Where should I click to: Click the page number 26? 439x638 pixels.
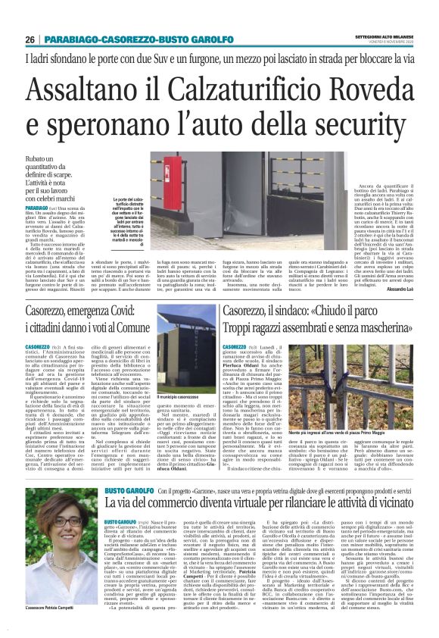[30, 39]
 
